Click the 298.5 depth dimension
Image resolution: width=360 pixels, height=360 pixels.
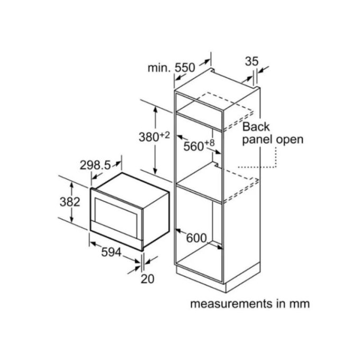tap(95, 165)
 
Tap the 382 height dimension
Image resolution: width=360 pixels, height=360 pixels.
tap(70, 202)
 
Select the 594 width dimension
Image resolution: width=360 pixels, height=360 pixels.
tap(111, 253)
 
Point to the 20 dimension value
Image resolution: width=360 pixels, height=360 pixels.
tap(147, 279)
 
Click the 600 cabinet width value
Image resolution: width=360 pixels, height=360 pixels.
tap(196, 238)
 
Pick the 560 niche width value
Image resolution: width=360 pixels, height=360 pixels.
tap(194, 146)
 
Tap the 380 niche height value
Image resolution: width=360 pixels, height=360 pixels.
tap(149, 137)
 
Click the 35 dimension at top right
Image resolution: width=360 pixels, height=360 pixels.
tap(251, 61)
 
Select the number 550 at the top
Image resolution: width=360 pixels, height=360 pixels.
tap(185, 68)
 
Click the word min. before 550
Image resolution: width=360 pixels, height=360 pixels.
tap(159, 68)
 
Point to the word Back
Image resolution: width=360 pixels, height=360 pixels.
tap(256, 127)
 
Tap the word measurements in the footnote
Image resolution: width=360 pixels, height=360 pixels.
tap(231, 304)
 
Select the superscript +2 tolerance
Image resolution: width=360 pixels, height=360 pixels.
tap(165, 135)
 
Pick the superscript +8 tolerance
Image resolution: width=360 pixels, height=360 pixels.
tap(210, 143)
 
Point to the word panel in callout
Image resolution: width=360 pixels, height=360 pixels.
tap(258, 140)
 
